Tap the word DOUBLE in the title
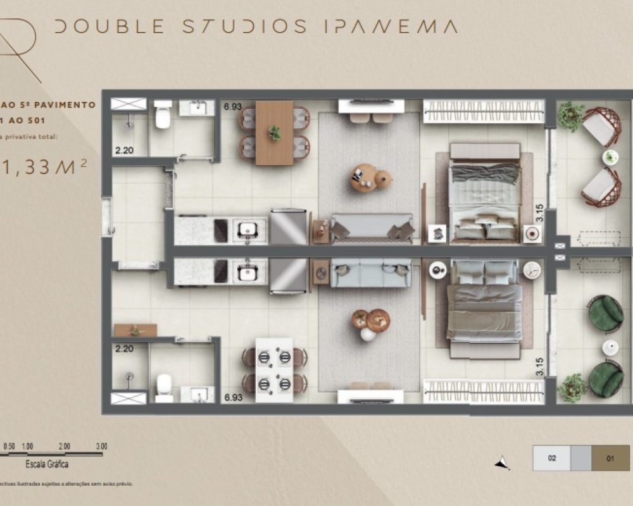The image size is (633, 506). tap(110, 27)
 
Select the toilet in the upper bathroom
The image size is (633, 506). tap(163, 116)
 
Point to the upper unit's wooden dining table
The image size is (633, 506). tap(274, 132)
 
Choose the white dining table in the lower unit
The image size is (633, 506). tap(274, 370)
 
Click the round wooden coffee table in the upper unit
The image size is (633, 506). tap(365, 178)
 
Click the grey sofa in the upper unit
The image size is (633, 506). tap(371, 227)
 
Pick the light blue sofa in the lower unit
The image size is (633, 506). tap(371, 273)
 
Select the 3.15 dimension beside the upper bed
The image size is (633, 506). tap(539, 212)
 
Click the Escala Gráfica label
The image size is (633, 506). tap(47, 464)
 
